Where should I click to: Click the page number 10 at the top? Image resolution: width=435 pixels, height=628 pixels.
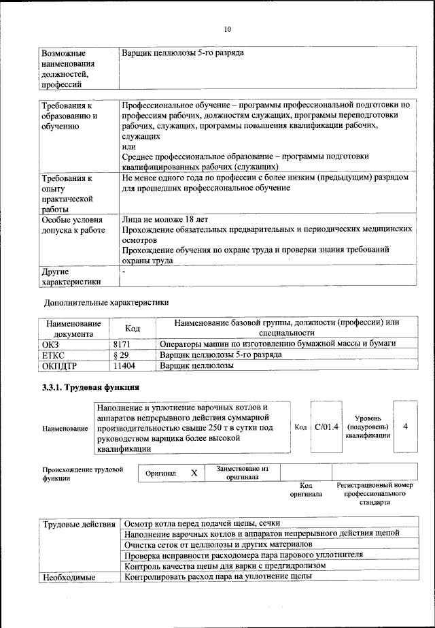point(228,29)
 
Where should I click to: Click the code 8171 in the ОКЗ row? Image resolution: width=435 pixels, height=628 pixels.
point(122,344)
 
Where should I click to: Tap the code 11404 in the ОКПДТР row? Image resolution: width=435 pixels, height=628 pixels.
point(124,365)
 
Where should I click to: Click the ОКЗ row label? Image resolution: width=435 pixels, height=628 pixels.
point(52,344)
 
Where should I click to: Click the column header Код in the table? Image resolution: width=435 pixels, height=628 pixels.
point(133,328)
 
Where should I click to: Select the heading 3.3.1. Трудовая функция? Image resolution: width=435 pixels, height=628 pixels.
point(91,388)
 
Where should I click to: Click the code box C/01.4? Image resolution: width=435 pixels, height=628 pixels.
point(326,427)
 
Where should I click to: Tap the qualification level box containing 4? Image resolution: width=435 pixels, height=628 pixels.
point(405,427)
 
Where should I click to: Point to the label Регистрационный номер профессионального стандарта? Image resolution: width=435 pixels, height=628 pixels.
point(375,494)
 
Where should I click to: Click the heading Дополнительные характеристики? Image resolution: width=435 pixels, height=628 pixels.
point(106,301)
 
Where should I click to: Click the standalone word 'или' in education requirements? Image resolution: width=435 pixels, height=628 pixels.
point(128,146)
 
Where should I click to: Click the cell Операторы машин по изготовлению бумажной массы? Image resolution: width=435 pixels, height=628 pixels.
point(277,344)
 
